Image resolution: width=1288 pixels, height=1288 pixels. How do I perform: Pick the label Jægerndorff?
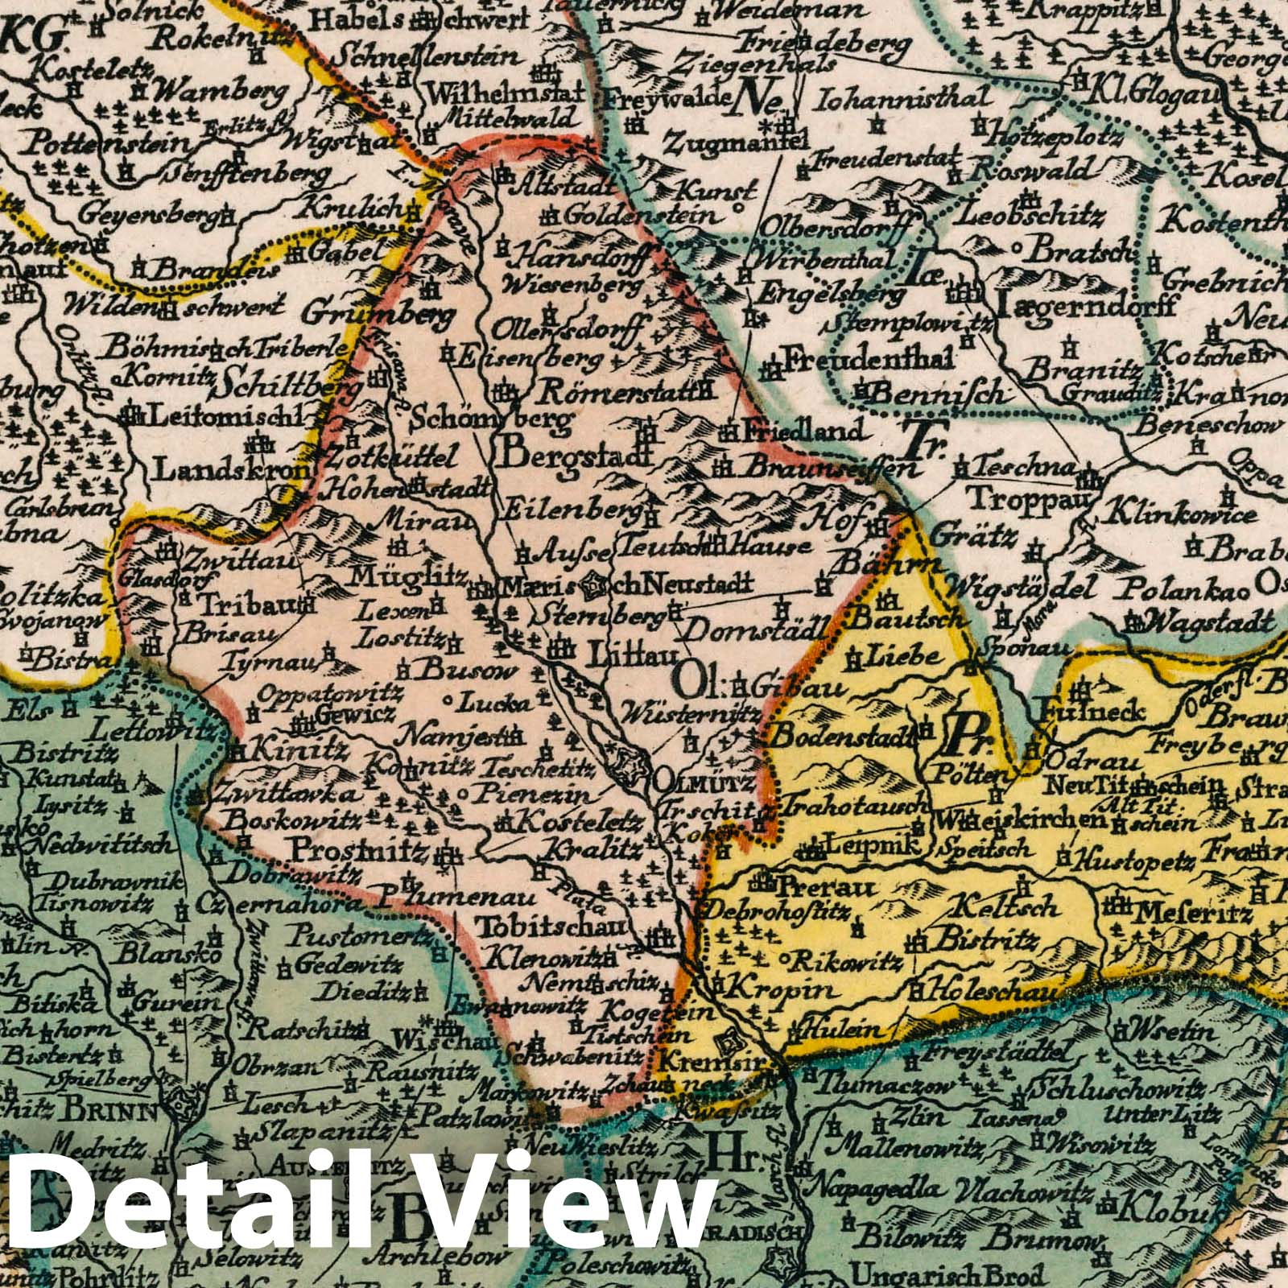[x=1087, y=306]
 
